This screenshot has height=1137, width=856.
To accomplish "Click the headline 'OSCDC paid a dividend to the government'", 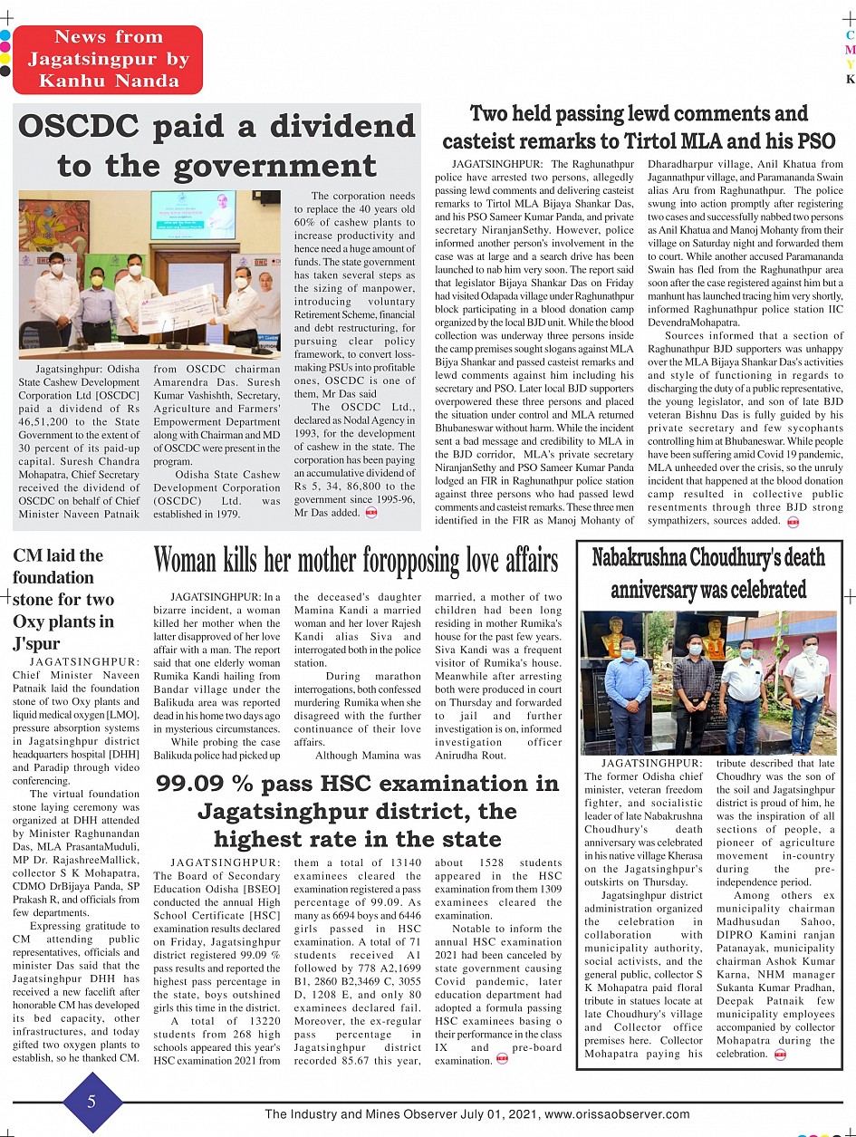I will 217,146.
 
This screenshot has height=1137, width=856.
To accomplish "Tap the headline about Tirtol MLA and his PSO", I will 639,128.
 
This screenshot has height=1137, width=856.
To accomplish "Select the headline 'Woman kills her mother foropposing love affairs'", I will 356,561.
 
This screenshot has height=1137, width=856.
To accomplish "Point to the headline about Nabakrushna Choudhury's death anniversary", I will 708,573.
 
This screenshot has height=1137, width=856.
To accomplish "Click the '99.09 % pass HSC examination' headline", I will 358,811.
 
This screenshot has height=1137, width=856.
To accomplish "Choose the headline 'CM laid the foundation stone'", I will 63,599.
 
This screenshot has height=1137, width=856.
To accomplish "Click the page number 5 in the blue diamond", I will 91,1102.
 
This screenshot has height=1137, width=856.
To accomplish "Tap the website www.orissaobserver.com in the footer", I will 617,1114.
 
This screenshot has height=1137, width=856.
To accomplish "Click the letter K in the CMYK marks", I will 850,80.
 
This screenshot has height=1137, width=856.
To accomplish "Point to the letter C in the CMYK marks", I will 850,35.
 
